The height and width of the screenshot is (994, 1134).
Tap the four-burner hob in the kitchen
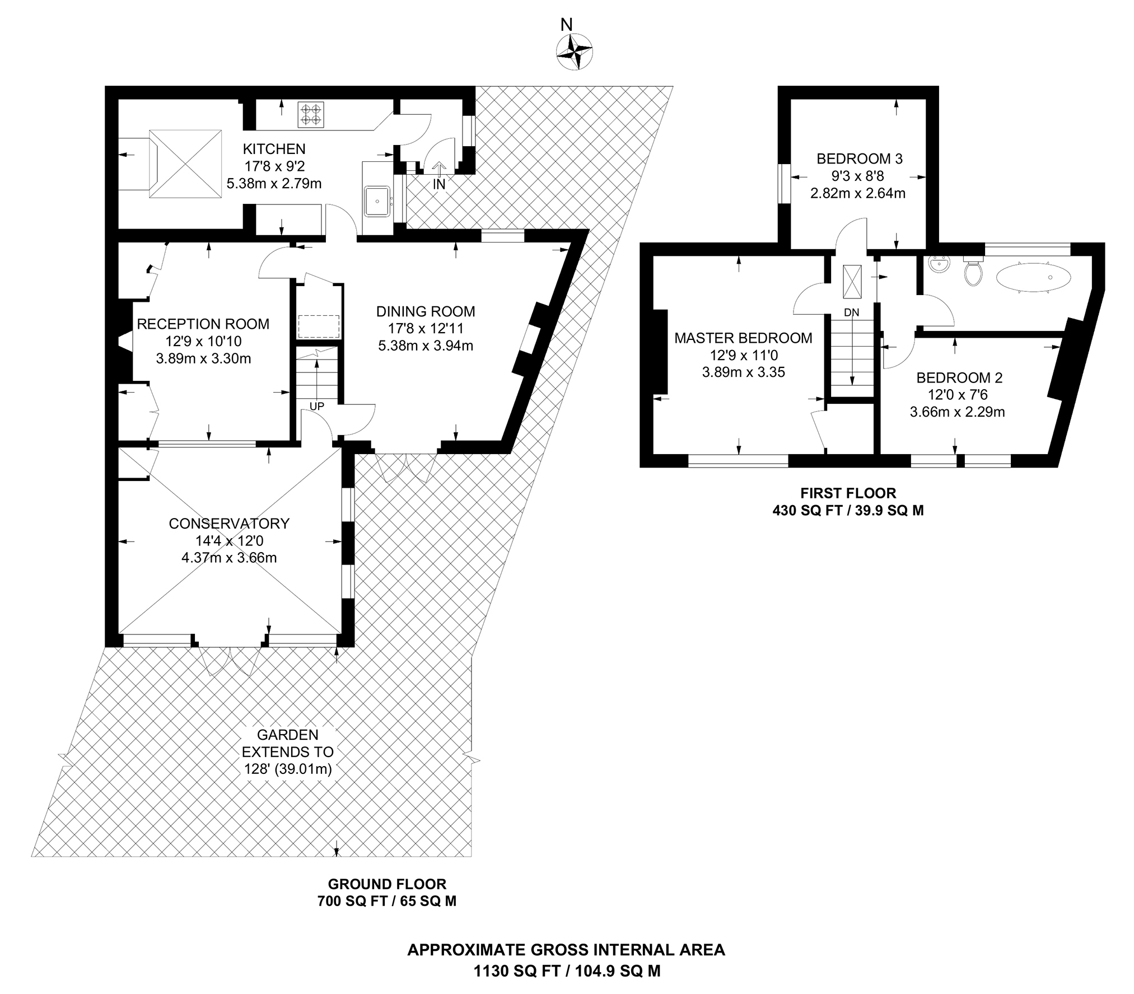[311, 114]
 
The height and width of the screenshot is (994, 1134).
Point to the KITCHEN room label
[274, 149]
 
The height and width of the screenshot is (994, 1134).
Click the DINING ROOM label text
[425, 311]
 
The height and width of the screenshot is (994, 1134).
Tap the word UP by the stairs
[316, 407]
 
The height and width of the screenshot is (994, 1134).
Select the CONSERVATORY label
[229, 524]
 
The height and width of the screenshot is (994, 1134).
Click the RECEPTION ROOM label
[203, 324]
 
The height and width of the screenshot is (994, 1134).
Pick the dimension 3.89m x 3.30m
[203, 359]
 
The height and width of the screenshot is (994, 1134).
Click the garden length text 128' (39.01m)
[287, 769]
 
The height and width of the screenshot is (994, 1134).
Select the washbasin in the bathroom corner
[936, 264]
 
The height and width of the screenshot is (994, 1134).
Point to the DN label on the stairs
[851, 312]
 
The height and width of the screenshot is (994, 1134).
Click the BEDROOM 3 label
[859, 159]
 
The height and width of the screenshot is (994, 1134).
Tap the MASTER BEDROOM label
[743, 338]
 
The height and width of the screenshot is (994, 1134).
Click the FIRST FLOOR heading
[848, 493]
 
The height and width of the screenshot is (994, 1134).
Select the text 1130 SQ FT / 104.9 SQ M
[567, 971]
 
